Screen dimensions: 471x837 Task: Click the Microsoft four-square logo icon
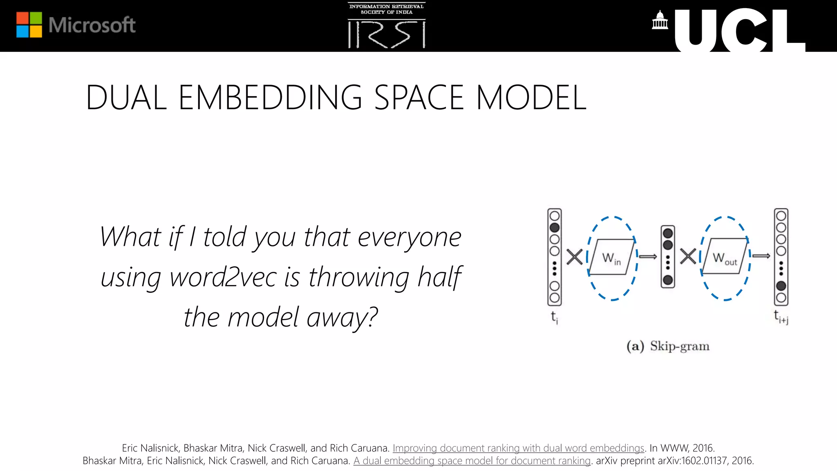pos(29,25)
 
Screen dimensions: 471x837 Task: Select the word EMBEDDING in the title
pos(270,98)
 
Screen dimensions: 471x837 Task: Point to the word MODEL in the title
pos(531,98)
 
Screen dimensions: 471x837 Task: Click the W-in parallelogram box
pos(611,257)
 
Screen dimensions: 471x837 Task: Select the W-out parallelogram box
pos(725,257)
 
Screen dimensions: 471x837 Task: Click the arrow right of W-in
pos(648,256)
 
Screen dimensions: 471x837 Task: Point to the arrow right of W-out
pos(761,256)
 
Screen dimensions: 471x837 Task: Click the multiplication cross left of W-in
pos(575,257)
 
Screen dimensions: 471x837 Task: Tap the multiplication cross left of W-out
pos(688,257)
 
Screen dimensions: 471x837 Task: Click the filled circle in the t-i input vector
pos(555,227)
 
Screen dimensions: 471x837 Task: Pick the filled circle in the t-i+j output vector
pos(781,286)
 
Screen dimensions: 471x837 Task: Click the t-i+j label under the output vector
pos(781,317)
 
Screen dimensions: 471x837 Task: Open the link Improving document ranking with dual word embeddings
pos(518,448)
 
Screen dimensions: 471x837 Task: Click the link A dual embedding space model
pos(472,461)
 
